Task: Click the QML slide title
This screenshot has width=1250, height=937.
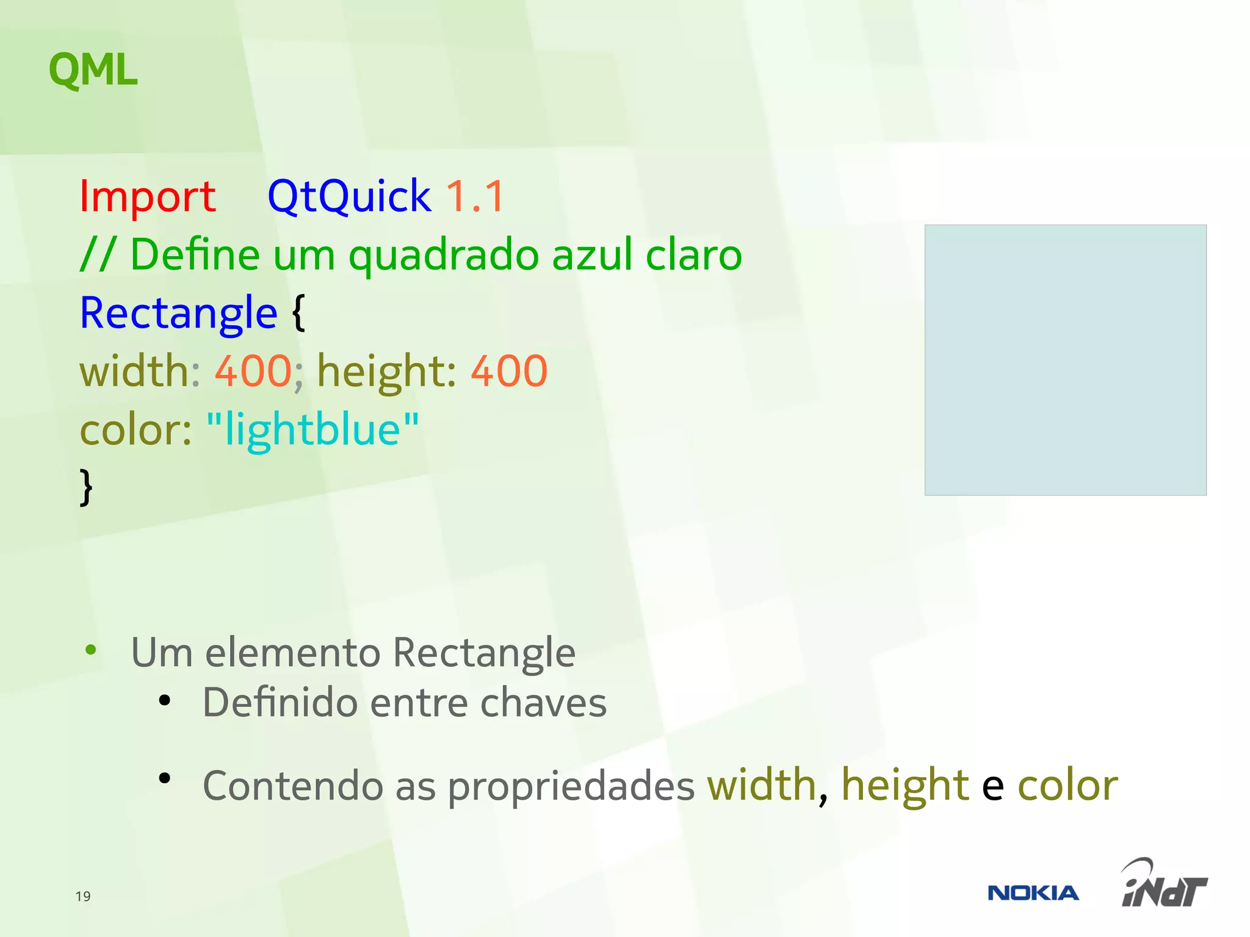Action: (x=93, y=70)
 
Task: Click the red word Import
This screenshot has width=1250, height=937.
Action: (x=147, y=196)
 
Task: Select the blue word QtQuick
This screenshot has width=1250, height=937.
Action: (x=349, y=196)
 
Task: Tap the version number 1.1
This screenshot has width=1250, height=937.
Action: (x=475, y=196)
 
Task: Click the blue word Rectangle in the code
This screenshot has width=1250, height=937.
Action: (x=178, y=313)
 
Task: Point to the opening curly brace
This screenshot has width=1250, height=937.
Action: (x=298, y=313)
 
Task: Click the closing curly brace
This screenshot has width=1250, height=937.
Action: (x=86, y=487)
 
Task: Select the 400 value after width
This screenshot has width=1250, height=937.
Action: (x=253, y=371)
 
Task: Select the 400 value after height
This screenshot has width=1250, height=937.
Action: (x=508, y=371)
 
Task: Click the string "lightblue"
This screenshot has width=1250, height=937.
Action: (x=312, y=429)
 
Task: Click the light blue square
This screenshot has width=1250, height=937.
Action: (x=1065, y=360)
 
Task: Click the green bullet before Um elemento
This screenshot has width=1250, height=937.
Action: (x=91, y=650)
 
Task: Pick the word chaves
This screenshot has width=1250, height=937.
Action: (x=543, y=703)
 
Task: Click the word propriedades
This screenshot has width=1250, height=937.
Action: (x=571, y=786)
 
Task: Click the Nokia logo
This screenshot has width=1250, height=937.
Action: (x=1033, y=893)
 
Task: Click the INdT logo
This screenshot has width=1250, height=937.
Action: (x=1164, y=885)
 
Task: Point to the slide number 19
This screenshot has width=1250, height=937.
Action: (x=83, y=896)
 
